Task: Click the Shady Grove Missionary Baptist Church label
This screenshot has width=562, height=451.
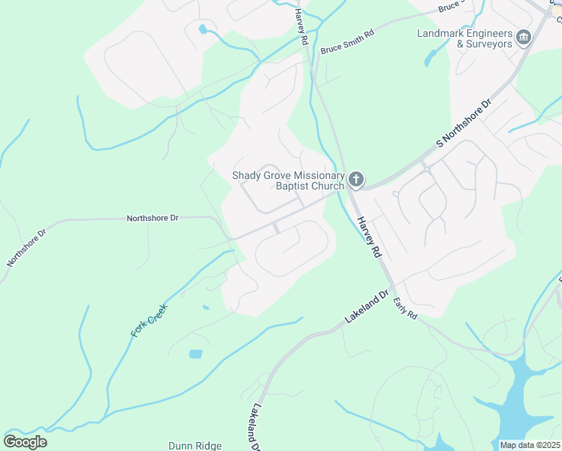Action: point(288,180)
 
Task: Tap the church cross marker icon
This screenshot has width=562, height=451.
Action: point(356,180)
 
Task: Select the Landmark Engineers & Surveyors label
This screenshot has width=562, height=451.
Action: point(464,38)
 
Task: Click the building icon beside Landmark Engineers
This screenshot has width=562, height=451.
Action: point(524,35)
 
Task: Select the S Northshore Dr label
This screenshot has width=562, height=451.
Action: point(464,122)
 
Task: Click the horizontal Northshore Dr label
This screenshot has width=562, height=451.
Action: point(153,218)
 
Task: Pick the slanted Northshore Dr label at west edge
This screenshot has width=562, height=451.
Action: point(26,249)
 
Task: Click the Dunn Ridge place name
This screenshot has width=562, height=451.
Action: point(195,446)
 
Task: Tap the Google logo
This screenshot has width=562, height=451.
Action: point(25,441)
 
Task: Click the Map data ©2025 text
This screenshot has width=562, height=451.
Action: point(530,445)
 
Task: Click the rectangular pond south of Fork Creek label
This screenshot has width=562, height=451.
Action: point(195,354)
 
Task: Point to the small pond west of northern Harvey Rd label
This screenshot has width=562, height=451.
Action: point(203,30)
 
